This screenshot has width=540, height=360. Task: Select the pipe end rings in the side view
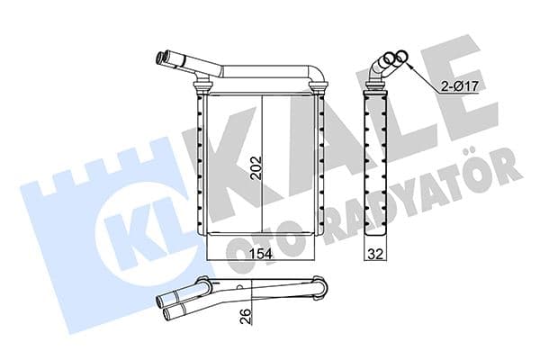(389, 62)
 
